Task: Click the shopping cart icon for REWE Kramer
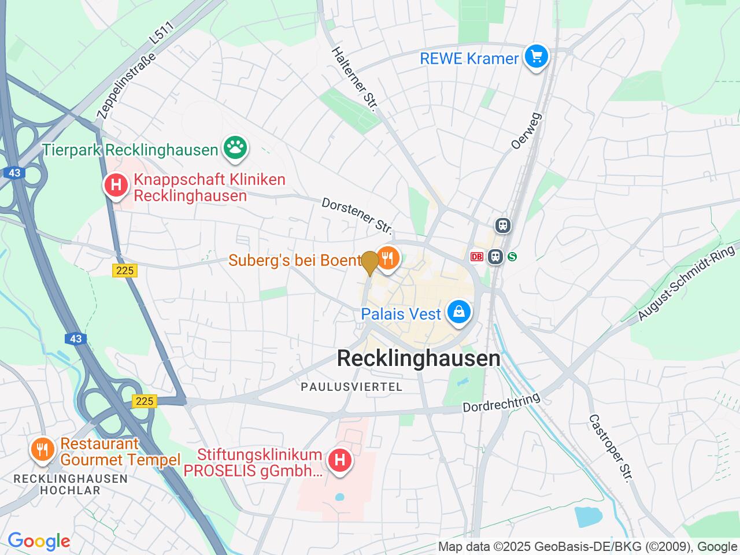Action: coord(536,57)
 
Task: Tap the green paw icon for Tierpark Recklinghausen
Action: coord(235,149)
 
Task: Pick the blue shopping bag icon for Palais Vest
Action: coord(458,313)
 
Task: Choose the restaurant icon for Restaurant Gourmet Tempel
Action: coord(42,449)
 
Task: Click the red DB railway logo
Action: coord(477,257)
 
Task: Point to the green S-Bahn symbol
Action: coord(512,257)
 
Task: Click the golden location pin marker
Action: coord(370,263)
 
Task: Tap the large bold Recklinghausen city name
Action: coord(419,358)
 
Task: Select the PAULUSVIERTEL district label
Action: coord(351,387)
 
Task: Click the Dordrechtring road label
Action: coord(501,402)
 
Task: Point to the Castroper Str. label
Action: coord(610,448)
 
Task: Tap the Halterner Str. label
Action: coord(354,79)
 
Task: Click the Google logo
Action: coord(39,541)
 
